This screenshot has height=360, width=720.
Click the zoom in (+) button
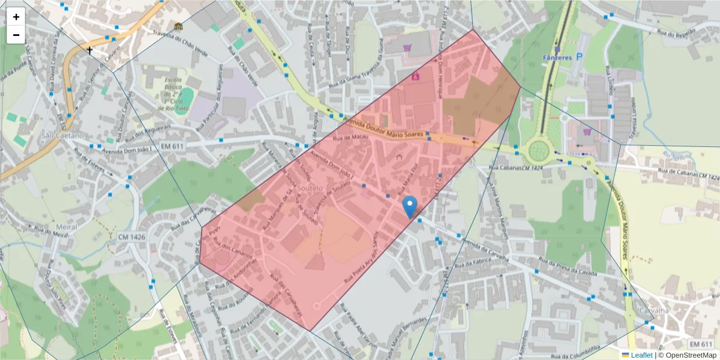tap(16, 17)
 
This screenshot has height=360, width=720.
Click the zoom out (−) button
tap(16, 35)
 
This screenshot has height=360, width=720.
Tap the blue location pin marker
tap(410, 206)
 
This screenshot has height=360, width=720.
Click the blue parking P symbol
tap(579, 57)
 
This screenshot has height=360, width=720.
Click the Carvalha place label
tap(653, 310)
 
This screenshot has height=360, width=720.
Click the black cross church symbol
tap(90, 50)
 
